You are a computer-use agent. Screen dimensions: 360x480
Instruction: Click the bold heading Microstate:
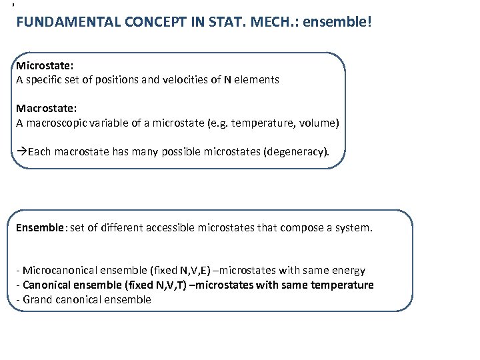tap(42, 66)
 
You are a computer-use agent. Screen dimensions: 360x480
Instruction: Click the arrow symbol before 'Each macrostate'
tap(21, 151)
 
